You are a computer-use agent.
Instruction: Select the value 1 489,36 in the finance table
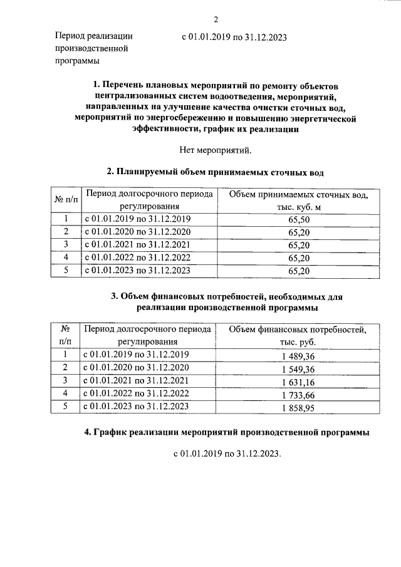pos(298,355)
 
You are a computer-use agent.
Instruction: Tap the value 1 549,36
pos(298,368)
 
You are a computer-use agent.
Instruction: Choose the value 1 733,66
pos(298,394)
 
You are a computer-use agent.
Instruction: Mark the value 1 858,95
pos(298,407)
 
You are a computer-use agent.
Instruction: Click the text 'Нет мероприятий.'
pos(215,149)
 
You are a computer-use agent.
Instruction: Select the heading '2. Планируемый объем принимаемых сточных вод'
pos(215,171)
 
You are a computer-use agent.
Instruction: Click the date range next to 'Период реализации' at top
pos(234,37)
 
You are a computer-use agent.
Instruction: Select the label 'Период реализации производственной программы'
pos(93,48)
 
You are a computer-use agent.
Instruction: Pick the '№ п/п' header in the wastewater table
pos(66,200)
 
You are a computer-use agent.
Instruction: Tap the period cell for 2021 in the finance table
pos(136,381)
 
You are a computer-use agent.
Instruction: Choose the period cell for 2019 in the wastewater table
pos(137,219)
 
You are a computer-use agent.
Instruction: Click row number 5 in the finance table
pos(65,407)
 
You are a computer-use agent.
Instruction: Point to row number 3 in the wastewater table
pos(66,244)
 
